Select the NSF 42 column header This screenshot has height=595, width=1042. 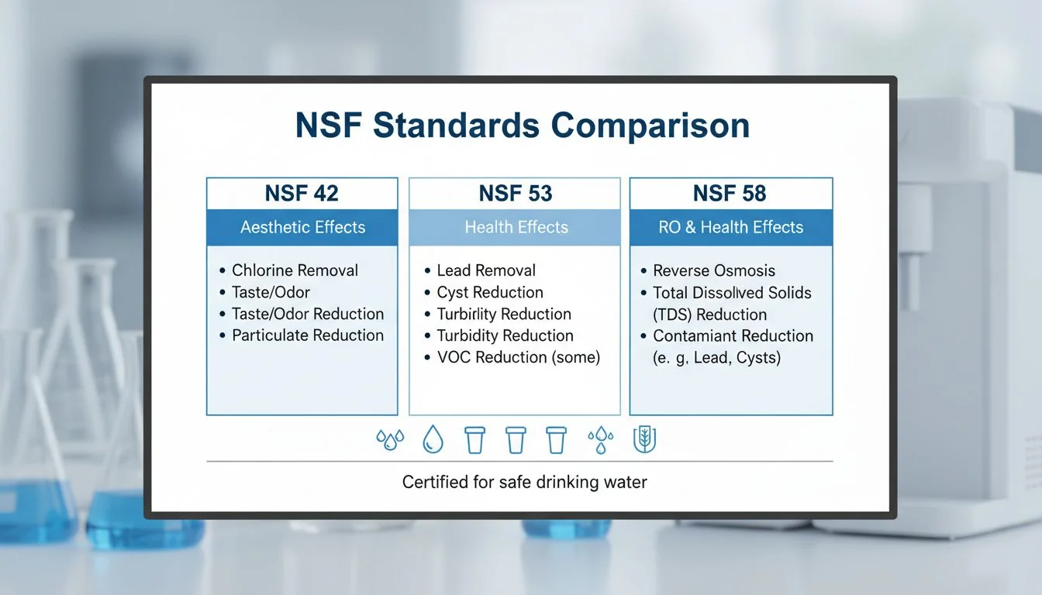tap(302, 193)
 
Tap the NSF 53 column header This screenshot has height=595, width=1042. tap(515, 193)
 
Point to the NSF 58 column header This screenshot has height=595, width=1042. tap(730, 193)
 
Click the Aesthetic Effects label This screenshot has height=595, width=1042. tap(302, 228)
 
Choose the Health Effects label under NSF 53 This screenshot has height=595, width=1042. tap(516, 228)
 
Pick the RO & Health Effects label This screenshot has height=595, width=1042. tap(730, 228)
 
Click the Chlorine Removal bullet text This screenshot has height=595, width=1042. tap(295, 270)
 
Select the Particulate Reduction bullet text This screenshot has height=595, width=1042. tap(308, 335)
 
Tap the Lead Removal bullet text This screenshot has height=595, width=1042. tap(486, 270)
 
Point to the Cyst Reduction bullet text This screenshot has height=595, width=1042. tap(490, 292)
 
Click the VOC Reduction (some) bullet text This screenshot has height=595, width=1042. tap(519, 357)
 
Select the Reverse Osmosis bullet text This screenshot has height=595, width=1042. tap(714, 270)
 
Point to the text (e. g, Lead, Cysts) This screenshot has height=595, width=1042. tap(717, 358)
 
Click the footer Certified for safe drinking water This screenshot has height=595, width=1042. tap(524, 482)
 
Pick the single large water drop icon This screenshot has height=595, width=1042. tap(432, 440)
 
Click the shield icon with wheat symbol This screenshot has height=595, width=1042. tap(644, 440)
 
